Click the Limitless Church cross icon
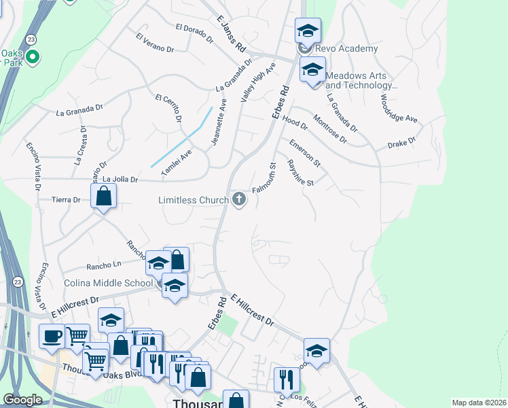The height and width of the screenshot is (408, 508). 238,199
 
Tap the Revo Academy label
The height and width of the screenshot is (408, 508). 350,49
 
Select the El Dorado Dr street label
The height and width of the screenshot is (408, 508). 194,28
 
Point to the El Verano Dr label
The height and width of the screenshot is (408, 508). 155,43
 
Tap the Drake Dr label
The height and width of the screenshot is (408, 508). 401,143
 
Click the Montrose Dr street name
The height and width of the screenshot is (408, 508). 330,129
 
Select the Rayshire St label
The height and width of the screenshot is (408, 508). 300,173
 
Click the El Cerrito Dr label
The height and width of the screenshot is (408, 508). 169,108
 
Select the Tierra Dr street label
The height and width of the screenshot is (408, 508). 66,200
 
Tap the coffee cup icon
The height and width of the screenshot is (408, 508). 52,336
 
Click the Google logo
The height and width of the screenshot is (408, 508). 22,400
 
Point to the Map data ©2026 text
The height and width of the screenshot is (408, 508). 479,403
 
